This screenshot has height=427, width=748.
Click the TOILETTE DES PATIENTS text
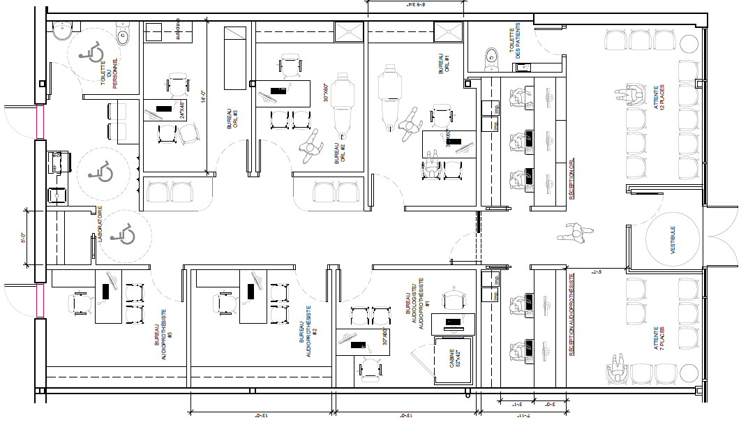coord(515,43)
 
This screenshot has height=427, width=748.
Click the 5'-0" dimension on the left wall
coord(23,239)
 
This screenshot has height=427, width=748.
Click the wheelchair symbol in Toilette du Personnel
coord(91,51)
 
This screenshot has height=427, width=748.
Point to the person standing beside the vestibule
coord(573,232)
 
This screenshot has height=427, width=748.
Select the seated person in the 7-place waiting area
coord(617,367)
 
